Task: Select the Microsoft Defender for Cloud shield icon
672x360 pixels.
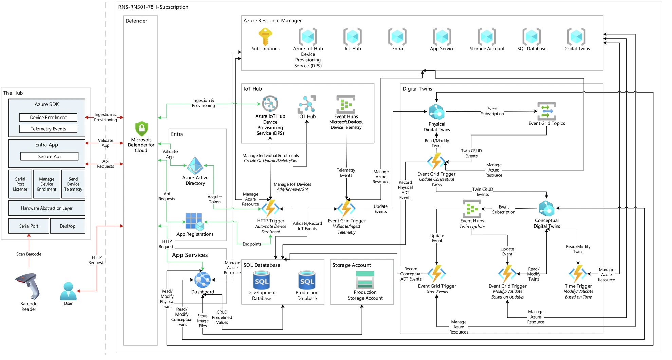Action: [x=142, y=129]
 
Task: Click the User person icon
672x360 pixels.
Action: [x=68, y=291]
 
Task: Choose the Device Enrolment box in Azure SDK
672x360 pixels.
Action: [x=48, y=118]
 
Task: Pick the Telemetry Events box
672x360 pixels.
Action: [x=48, y=129]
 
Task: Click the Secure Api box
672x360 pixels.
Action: [x=50, y=156]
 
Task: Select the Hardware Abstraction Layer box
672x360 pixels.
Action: [x=46, y=208]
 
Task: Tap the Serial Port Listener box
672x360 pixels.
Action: [x=20, y=184]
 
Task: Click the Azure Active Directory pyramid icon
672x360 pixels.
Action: [x=195, y=165]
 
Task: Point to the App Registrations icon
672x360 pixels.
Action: [x=194, y=221]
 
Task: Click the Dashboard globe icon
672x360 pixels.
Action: [x=203, y=280]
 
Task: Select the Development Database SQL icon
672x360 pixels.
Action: [x=261, y=280]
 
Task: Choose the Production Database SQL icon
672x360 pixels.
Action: [x=307, y=280]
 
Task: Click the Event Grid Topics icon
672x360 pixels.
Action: [x=546, y=111]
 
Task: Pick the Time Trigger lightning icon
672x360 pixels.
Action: [x=578, y=273]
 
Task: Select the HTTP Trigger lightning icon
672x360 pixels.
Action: [x=270, y=208]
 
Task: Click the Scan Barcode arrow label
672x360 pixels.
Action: [x=29, y=254]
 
